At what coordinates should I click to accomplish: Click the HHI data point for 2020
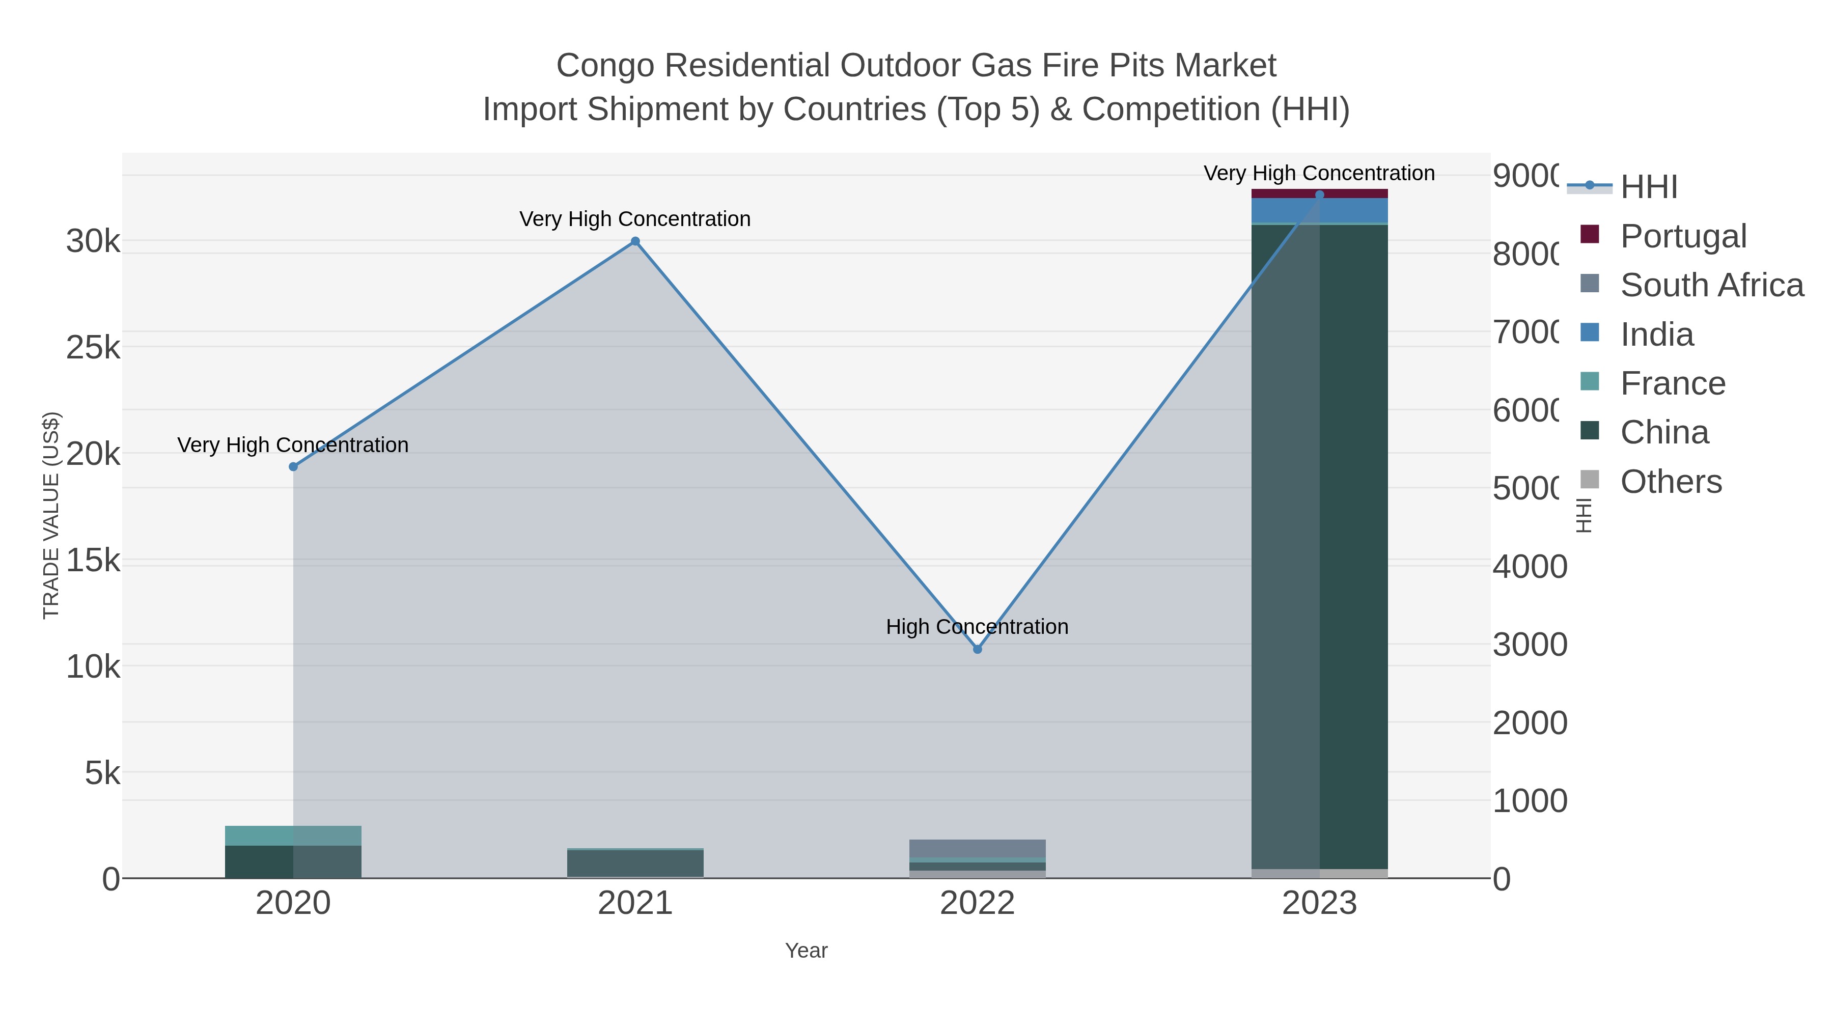tap(293, 467)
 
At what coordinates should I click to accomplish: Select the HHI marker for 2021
tap(635, 241)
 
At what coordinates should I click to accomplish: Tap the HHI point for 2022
tap(977, 649)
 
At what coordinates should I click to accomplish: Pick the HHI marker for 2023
tap(1319, 194)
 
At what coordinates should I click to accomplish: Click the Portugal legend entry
tap(1682, 236)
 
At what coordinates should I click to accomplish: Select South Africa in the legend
tap(1711, 285)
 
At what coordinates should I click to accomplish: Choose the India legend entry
tap(1656, 335)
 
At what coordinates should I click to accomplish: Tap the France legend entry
tap(1672, 383)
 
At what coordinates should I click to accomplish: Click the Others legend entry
tap(1670, 482)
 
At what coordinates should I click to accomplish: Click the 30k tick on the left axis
tap(93, 242)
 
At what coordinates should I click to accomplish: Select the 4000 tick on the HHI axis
tap(1529, 567)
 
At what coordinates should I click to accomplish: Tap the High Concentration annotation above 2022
tap(977, 627)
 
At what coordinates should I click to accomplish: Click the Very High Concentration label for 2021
tap(635, 219)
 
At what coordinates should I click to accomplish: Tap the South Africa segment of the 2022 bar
tap(977, 848)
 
